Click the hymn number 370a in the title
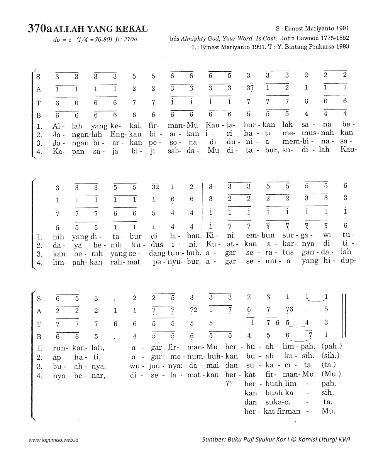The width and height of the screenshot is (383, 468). click(x=40, y=29)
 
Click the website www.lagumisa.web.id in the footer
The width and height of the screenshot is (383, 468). click(x=54, y=439)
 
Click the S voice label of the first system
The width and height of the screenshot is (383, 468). click(x=38, y=76)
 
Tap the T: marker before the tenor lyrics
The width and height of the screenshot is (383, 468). click(x=229, y=384)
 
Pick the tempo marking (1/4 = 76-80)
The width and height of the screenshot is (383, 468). click(x=94, y=39)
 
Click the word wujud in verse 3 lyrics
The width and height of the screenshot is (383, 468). click(x=149, y=365)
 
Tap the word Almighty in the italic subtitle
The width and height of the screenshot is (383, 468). click(x=195, y=39)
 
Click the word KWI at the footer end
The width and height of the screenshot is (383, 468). click(x=344, y=439)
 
